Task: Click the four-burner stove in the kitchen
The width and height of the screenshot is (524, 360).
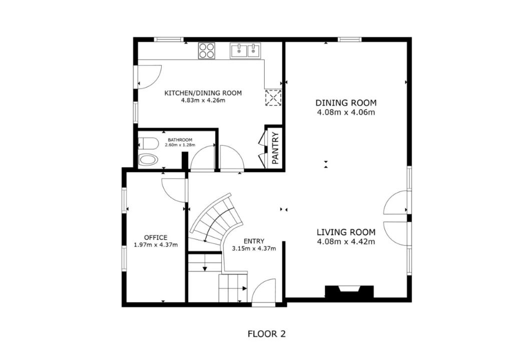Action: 207,51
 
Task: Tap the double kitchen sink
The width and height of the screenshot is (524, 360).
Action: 245,51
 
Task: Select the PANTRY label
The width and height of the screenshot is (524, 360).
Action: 275,148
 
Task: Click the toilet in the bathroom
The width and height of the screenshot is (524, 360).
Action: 148,143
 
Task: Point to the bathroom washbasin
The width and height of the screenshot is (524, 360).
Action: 148,159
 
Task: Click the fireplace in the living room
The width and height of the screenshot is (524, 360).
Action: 349,291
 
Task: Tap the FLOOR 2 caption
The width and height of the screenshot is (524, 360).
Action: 267,333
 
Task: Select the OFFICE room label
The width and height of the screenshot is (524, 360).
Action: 156,237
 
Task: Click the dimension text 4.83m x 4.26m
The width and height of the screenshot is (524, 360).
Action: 203,100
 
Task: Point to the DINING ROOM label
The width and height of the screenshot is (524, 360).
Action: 346,102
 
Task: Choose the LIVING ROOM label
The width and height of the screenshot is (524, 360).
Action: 346,232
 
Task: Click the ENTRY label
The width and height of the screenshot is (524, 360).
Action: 254,241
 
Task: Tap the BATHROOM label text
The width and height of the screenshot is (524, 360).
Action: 180,140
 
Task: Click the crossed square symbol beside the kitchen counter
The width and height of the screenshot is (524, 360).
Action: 273,98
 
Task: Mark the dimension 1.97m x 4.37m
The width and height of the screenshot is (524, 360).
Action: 156,245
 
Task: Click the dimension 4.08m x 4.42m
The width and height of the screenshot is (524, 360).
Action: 346,241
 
